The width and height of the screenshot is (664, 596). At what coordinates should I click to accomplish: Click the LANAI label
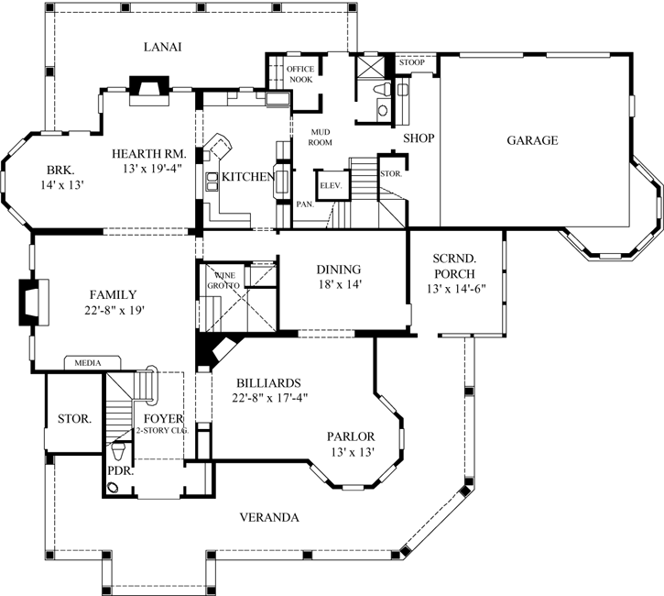[163, 47]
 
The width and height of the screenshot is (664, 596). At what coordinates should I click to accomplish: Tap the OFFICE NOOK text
[299, 74]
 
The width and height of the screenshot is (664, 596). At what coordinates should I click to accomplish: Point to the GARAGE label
[532, 140]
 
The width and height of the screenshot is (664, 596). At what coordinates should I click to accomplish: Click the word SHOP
[419, 138]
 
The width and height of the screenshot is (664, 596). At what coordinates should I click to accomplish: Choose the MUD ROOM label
[319, 138]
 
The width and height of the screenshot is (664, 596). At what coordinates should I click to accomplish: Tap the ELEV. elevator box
[330, 186]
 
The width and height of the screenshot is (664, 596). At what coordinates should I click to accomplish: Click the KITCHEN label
[246, 176]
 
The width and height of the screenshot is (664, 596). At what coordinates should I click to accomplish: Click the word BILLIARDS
[268, 382]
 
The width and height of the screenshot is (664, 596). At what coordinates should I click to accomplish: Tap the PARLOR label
[351, 436]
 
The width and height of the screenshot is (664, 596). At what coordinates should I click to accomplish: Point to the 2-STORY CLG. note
[161, 430]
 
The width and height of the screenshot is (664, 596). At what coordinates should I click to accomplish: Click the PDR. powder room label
[118, 471]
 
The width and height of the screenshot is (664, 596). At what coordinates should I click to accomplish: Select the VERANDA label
[269, 517]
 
